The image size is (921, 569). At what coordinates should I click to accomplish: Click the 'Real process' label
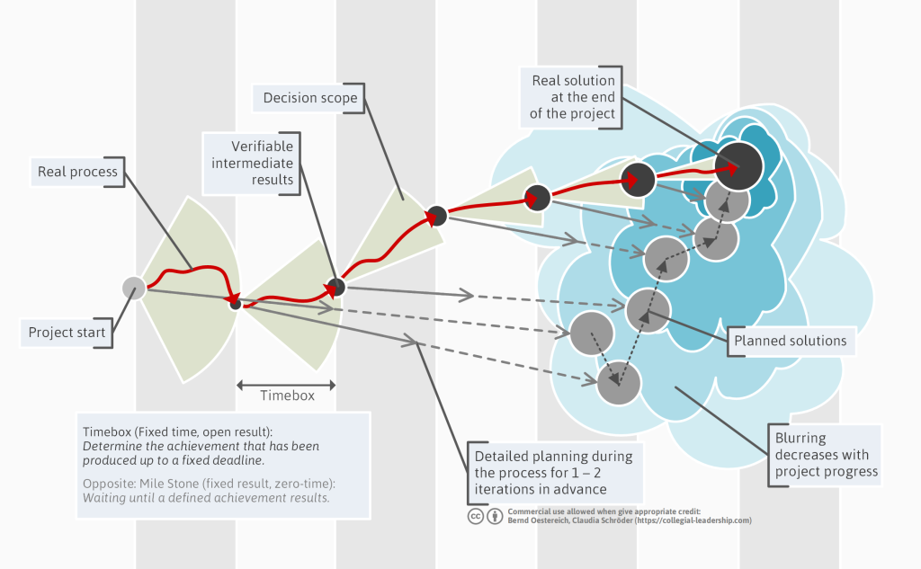pyautogui.click(x=77, y=172)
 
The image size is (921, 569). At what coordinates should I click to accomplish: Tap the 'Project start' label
pyautogui.click(x=67, y=333)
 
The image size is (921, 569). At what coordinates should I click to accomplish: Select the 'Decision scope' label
pyautogui.click(x=309, y=97)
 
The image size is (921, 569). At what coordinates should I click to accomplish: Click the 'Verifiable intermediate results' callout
pyautogui.click(x=252, y=164)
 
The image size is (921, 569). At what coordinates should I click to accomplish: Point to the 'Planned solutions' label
pyautogui.click(x=791, y=341)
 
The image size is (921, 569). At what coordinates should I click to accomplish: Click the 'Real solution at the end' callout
pyautogui.click(x=571, y=97)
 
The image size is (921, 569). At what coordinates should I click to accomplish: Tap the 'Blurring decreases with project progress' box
pyautogui.click(x=826, y=455)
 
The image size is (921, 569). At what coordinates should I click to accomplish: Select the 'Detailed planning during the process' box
pyautogui.click(x=554, y=473)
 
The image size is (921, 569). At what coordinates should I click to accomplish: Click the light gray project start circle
pyautogui.click(x=134, y=289)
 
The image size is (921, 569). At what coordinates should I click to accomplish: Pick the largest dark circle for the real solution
pyautogui.click(x=738, y=166)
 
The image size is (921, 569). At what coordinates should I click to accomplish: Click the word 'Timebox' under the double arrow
pyautogui.click(x=287, y=396)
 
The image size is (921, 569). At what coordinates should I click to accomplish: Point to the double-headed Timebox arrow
pyautogui.click(x=286, y=386)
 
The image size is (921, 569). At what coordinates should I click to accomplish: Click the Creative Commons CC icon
pyautogui.click(x=476, y=516)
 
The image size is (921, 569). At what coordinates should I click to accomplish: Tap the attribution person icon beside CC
pyautogui.click(x=496, y=516)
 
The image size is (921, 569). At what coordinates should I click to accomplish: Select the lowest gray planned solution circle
pyautogui.click(x=619, y=383)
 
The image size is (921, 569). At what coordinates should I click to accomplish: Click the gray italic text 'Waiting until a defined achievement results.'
pyautogui.click(x=206, y=498)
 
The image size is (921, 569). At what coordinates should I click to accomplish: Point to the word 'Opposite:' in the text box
pyautogui.click(x=109, y=484)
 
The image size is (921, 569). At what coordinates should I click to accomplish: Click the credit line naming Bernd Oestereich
pyautogui.click(x=630, y=520)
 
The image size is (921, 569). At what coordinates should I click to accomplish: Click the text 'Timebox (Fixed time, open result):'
pyautogui.click(x=177, y=432)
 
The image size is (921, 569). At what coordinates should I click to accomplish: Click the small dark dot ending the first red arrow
pyautogui.click(x=236, y=304)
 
